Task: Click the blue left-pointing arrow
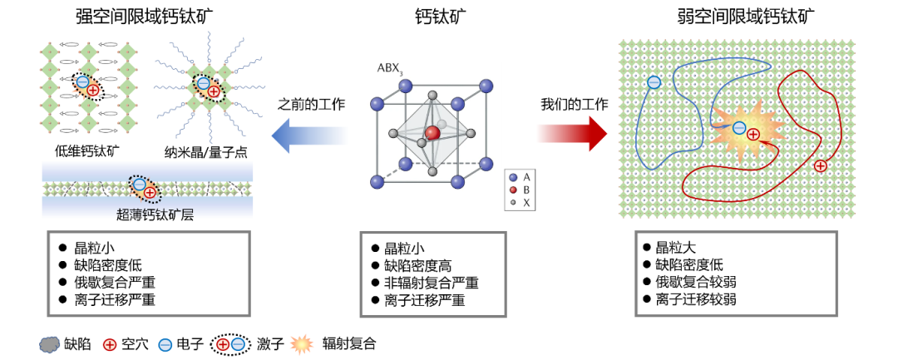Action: coord(308,135)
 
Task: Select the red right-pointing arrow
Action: coord(572,133)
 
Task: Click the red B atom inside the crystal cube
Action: coord(432,133)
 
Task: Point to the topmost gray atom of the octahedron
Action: coord(432,95)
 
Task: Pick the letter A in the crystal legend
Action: coord(526,177)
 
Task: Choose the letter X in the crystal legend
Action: coord(526,202)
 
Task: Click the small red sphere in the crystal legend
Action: coord(513,190)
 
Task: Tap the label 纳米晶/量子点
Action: coord(205,152)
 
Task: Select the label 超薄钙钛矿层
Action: coord(155,215)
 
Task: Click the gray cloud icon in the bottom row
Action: coord(50,344)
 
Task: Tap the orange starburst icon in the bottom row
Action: coord(301,344)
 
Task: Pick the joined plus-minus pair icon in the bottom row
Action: coord(230,344)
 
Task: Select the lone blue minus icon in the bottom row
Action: coord(165,344)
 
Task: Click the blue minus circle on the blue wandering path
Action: coord(654,82)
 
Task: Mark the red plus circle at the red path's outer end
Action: coord(821,165)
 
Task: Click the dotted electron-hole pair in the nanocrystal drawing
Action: coord(209,87)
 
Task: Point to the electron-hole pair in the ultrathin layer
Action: coord(144,188)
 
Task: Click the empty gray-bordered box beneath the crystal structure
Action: coord(432,274)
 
